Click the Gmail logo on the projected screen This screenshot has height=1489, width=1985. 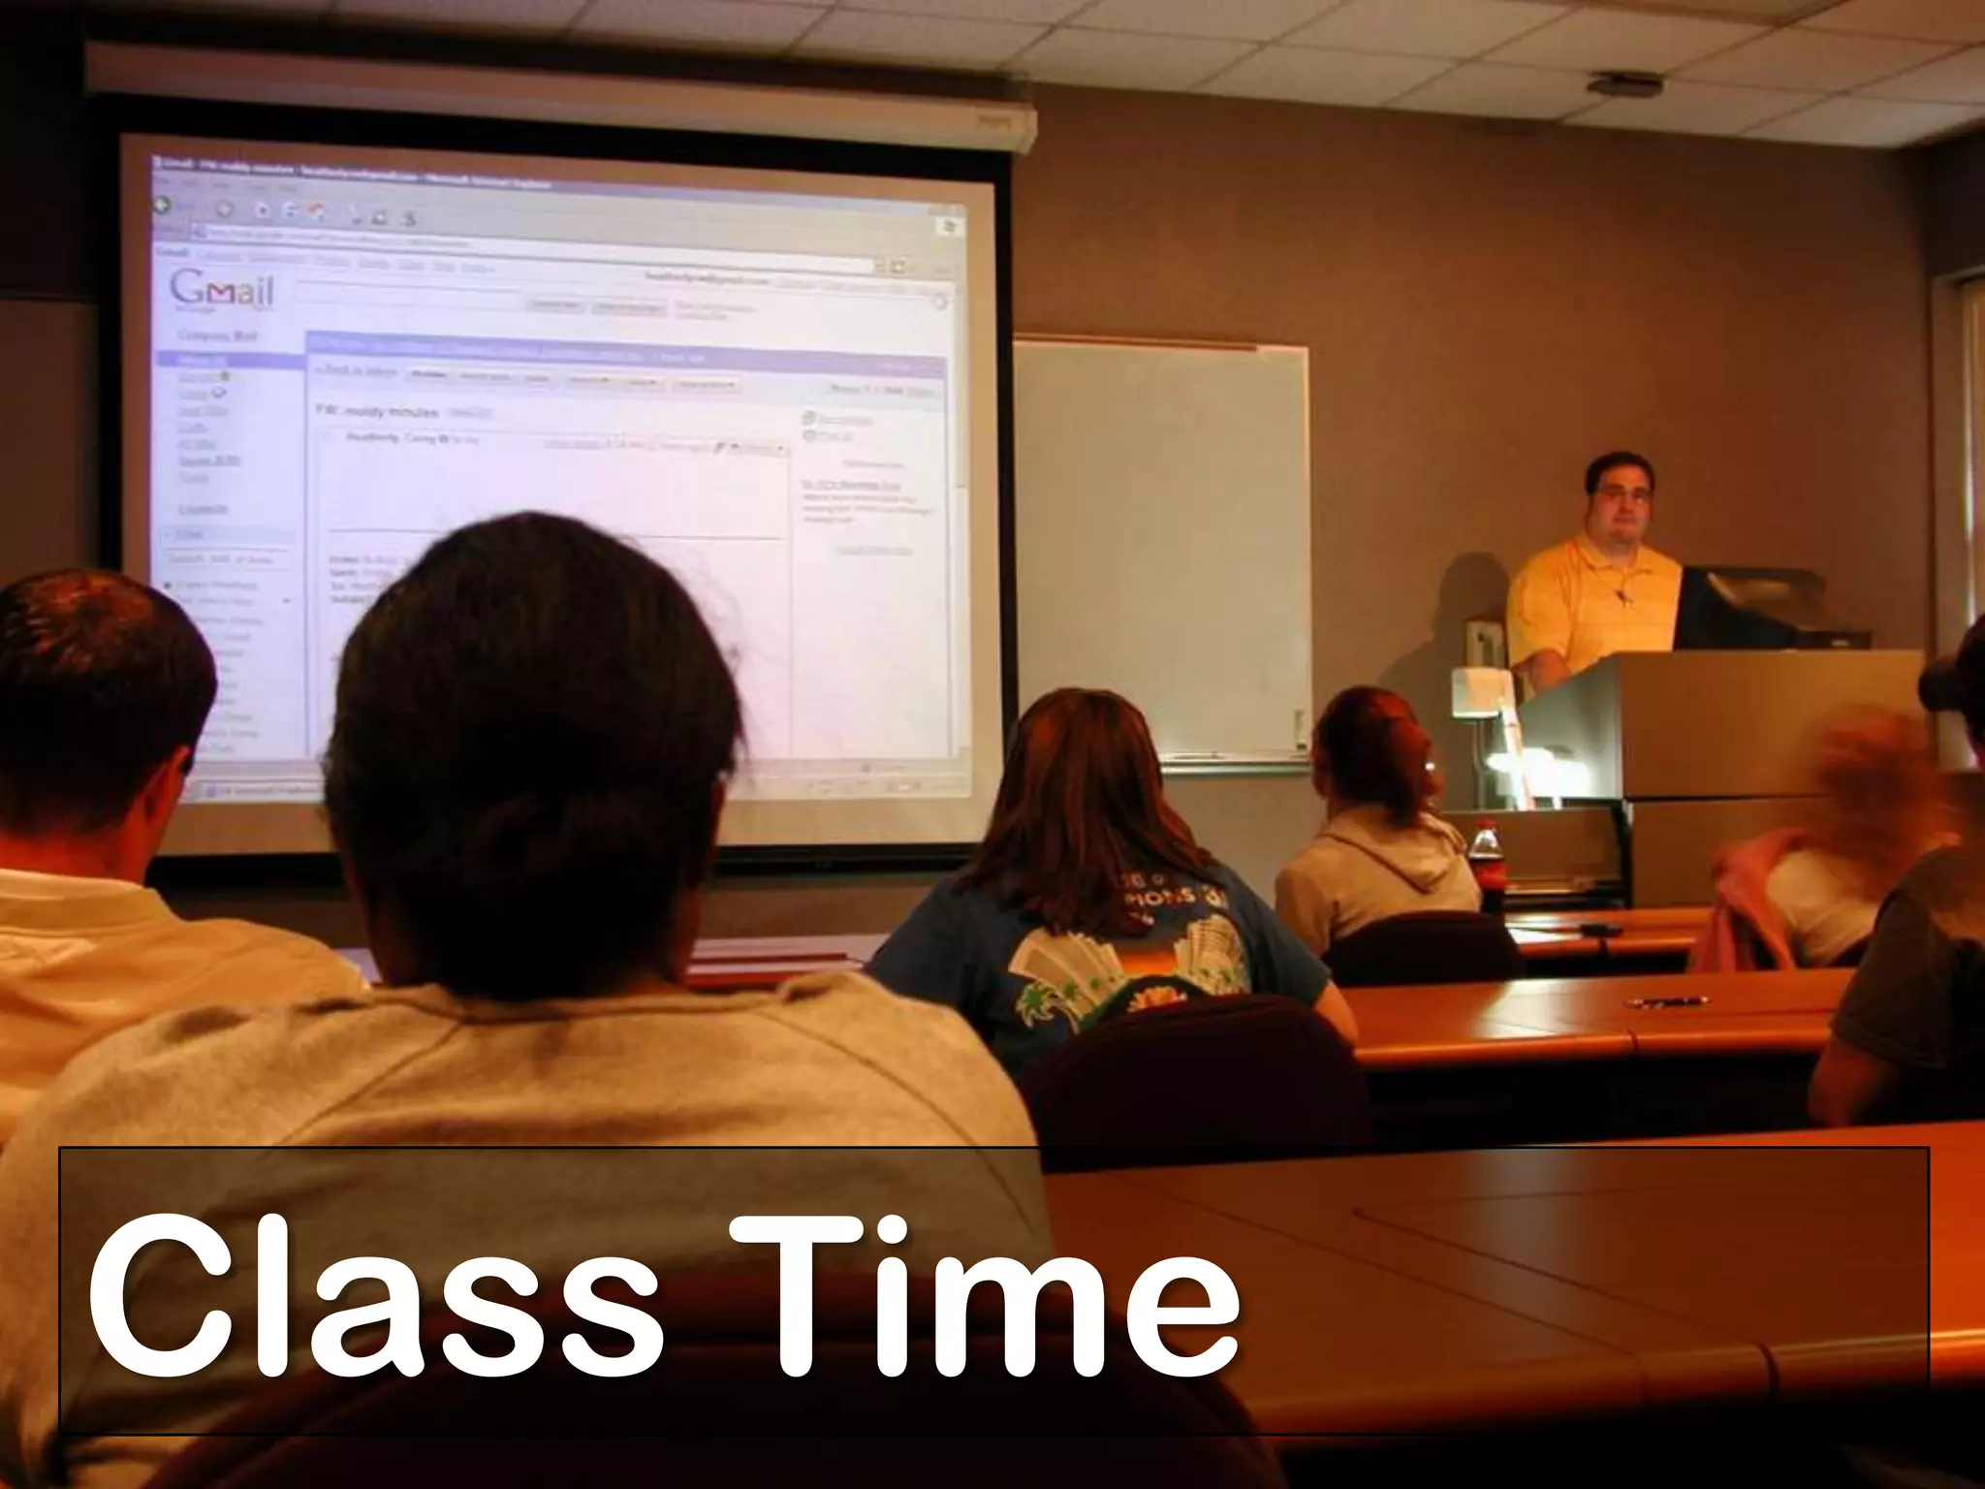pos(222,290)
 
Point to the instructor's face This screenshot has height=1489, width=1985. pos(1621,504)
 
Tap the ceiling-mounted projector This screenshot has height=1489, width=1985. pos(1624,85)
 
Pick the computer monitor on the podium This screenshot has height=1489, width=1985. pos(1745,608)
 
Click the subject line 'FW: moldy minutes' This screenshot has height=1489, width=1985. pos(378,411)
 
